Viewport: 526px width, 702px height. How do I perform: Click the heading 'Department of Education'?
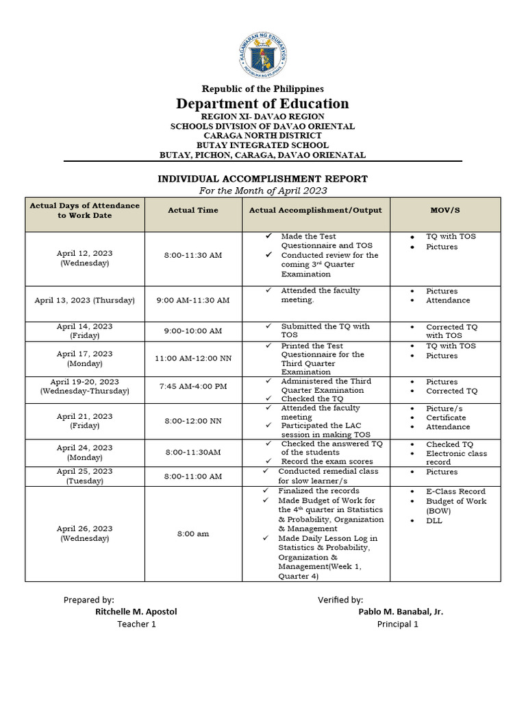tap(262, 104)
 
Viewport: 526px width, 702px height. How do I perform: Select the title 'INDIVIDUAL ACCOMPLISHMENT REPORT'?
tap(263, 179)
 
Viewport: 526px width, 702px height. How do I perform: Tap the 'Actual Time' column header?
tap(192, 210)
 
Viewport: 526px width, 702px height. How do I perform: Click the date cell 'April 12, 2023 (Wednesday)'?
tap(85, 258)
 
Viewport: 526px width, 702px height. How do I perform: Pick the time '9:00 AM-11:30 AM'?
tap(192, 300)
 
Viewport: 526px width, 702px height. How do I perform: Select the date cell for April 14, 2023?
tap(85, 331)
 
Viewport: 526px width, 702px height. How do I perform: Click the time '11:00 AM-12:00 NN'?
tap(192, 359)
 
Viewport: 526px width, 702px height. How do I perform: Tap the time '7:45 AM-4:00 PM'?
tap(192, 387)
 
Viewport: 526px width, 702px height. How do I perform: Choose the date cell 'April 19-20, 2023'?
tap(85, 387)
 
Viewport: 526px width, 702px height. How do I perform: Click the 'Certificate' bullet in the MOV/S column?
tap(446, 417)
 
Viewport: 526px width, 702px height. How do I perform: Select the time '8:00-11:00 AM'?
tap(192, 476)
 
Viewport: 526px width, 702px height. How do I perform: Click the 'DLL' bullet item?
tap(434, 521)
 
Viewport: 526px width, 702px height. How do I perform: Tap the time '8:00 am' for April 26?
tap(192, 533)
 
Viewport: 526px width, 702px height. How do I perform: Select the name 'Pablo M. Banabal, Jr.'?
tap(401, 612)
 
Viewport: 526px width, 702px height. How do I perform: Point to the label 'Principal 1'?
tap(398, 624)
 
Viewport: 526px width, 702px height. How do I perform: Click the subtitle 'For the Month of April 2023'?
tap(263, 191)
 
